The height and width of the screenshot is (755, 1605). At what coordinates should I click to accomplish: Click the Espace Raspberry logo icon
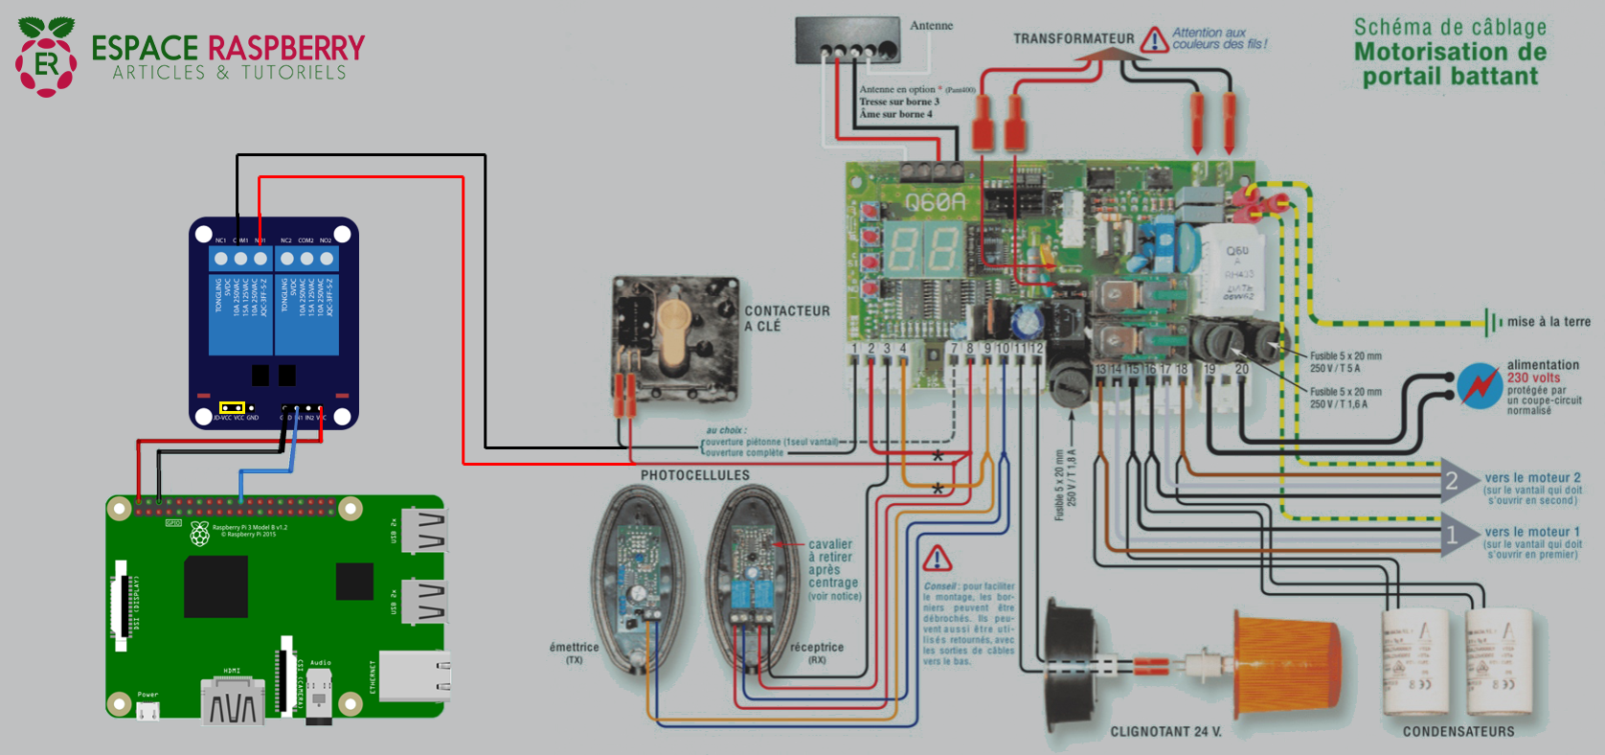[x=45, y=57]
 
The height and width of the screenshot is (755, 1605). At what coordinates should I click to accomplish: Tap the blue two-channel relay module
[x=274, y=323]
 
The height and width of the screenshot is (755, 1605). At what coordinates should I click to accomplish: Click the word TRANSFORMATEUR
[x=1074, y=39]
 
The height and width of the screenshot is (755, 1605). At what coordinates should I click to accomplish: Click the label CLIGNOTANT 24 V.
[x=1165, y=732]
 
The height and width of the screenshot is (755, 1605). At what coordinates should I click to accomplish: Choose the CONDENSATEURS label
[x=1458, y=732]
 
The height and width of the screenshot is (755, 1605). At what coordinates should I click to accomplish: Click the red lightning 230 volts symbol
[x=1480, y=385]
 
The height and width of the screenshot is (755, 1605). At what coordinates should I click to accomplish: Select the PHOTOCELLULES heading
[x=695, y=475]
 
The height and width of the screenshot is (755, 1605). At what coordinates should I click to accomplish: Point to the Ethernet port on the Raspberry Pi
[x=414, y=675]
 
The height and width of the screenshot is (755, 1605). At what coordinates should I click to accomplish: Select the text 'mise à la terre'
[x=1548, y=322]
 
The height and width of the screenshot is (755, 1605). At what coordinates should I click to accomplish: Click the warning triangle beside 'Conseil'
[x=937, y=558]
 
